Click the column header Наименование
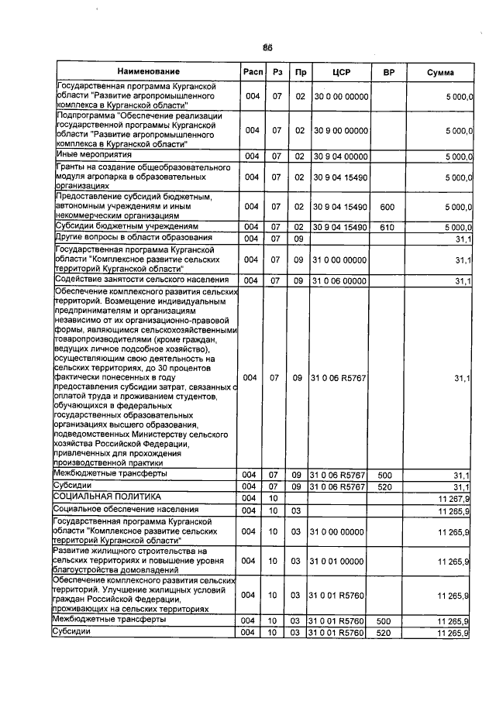pos(143,72)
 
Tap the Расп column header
pos(252,72)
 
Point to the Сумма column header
pos(440,72)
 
